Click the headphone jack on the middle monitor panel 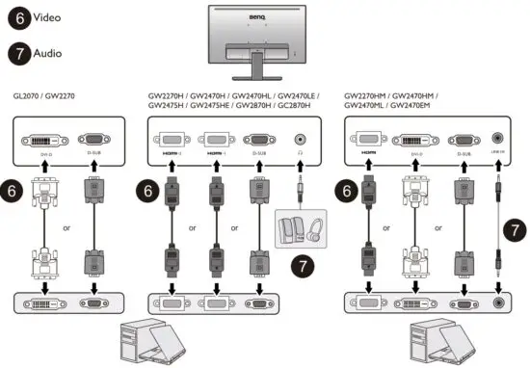pos(305,140)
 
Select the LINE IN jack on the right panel pos(498,139)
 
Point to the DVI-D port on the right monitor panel pos(417,140)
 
